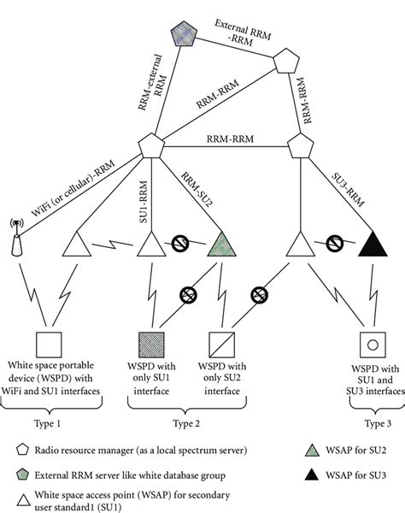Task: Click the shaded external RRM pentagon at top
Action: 184,33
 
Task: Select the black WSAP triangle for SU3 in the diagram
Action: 373,245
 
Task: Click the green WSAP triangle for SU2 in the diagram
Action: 221,245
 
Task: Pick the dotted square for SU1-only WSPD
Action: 151,345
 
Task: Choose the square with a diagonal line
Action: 221,345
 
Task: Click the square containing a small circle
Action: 373,345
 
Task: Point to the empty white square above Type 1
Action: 49,345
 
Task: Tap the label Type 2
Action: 186,423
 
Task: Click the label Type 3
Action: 378,423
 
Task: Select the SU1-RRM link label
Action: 144,202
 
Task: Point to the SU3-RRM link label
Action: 348,190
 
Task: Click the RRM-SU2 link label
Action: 197,190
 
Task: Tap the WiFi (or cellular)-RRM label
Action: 73,188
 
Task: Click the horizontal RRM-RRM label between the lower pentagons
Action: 230,139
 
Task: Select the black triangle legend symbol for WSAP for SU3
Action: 312,475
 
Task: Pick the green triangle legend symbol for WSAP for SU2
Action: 312,451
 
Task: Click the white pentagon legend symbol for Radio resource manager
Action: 22,450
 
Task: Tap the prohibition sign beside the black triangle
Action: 334,244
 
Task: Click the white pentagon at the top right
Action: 286,61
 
